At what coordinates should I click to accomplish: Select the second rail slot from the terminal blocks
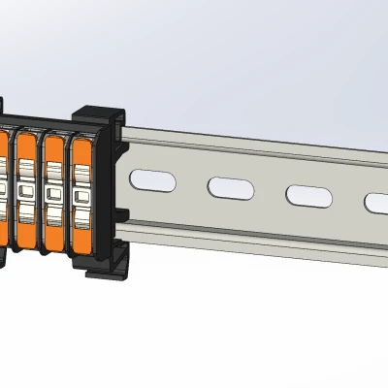(230, 186)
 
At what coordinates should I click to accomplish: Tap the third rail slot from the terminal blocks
(307, 194)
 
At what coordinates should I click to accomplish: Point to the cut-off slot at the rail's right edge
(376, 202)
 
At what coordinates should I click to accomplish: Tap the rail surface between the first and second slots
(190, 183)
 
